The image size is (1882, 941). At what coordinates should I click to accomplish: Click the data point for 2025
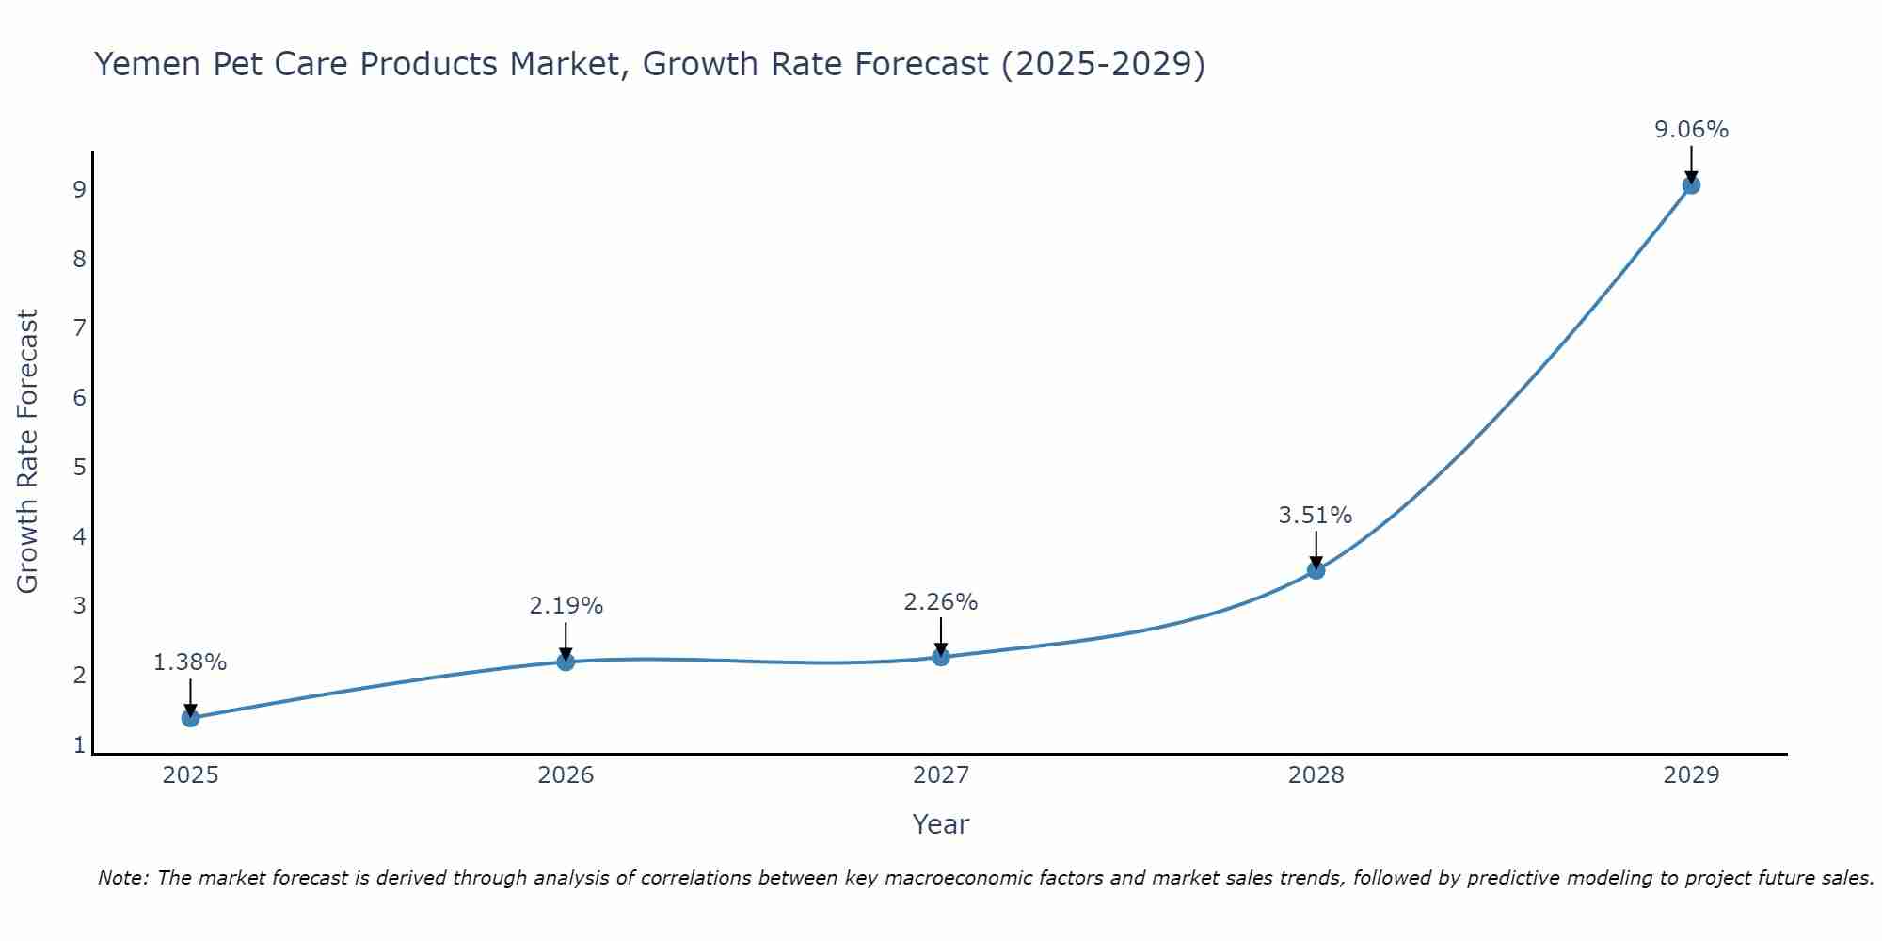pos(190,718)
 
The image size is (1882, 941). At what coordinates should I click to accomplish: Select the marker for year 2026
pos(566,662)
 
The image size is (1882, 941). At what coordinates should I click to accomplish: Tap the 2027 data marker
pos(941,657)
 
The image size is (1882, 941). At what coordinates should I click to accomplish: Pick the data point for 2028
pos(1316,570)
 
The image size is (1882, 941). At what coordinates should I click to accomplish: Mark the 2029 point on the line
pos(1691,185)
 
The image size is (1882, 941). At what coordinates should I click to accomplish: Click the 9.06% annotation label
pos(1691,130)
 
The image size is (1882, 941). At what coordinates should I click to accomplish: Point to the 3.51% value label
pos(1315,516)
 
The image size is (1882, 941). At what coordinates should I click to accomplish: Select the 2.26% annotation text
pos(940,602)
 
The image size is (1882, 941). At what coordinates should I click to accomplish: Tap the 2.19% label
pos(566,606)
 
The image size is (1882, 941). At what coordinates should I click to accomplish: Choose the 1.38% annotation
pos(190,662)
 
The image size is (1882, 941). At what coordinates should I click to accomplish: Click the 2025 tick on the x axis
pos(190,775)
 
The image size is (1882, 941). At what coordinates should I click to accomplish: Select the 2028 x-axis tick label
pos(1316,775)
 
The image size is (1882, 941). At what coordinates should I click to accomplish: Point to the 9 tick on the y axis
pos(80,190)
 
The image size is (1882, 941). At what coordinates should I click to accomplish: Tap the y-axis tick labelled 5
pos(80,468)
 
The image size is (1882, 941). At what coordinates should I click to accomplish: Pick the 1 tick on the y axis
pos(80,745)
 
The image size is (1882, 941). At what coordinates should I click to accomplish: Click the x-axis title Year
pos(940,824)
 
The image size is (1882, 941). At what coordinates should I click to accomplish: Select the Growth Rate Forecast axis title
pos(28,452)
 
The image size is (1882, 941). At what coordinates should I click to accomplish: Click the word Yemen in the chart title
pos(147,64)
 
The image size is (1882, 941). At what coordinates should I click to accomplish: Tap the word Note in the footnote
pos(122,878)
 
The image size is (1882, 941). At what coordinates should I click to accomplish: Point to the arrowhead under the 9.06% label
pos(1691,176)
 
